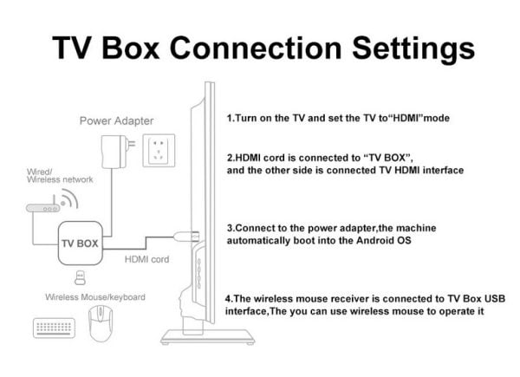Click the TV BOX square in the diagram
[x=79, y=243]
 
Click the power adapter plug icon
[x=112, y=148]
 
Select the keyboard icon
[x=53, y=329]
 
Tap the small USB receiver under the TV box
[x=79, y=278]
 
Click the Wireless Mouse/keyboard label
[x=94, y=297]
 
